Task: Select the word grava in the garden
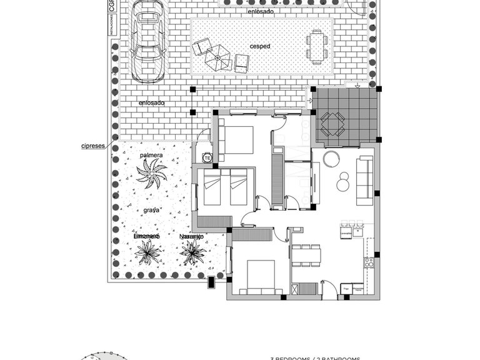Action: pos(151,211)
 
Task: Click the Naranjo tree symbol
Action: pos(192,252)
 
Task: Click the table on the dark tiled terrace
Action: pos(332,123)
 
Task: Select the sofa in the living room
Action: pos(364,181)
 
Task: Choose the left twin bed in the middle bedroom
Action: pos(212,189)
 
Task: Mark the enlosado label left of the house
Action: pos(152,103)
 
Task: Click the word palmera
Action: pos(151,155)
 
